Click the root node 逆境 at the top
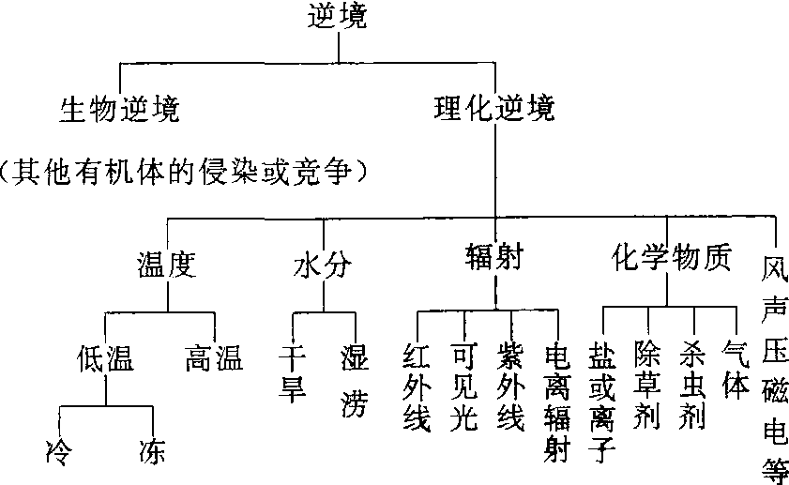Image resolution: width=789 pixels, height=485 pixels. (x=339, y=16)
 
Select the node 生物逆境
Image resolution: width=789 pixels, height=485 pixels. (x=119, y=110)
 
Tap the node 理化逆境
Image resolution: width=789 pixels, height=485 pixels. (x=494, y=110)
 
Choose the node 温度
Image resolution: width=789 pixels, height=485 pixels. (x=165, y=265)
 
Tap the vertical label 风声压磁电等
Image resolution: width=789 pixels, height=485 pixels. (x=775, y=366)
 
